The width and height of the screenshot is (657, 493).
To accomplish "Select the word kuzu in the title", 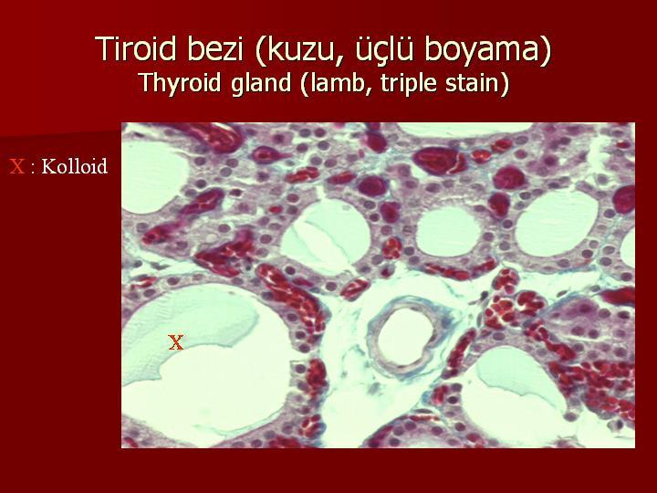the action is (299, 50).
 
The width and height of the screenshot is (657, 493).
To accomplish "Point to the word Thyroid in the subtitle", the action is (180, 83).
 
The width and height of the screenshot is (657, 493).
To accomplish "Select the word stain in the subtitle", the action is (470, 82).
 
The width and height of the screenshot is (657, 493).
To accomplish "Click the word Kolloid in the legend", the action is (75, 166).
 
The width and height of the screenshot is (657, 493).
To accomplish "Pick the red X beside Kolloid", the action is (16, 167).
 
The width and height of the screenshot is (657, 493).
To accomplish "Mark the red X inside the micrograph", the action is (175, 342).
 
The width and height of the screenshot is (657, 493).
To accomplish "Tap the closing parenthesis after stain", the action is (504, 83).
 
